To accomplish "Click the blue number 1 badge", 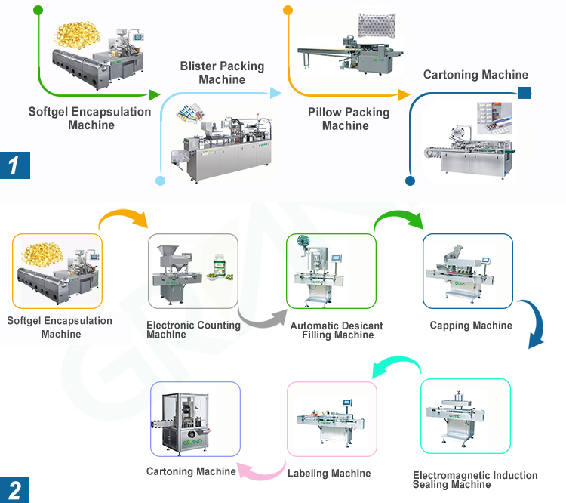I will coord(14,164).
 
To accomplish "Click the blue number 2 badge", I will coord(14,489).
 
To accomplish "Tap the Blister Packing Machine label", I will coord(222,73).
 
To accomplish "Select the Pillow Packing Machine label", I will coord(349,119).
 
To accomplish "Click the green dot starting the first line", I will coord(38,11).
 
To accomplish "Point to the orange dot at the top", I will coord(288,11).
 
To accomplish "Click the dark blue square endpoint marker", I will coord(524,93).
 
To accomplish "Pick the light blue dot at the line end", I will coord(160,181).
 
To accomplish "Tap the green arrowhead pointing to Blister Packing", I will coord(154,95).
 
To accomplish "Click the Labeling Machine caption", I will coord(329,474).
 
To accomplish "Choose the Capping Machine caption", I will coord(471,326).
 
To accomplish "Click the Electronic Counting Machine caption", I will coord(193,329).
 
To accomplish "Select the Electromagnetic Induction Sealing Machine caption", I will coord(475,480).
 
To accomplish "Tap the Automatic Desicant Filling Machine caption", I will coord(337,330).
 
